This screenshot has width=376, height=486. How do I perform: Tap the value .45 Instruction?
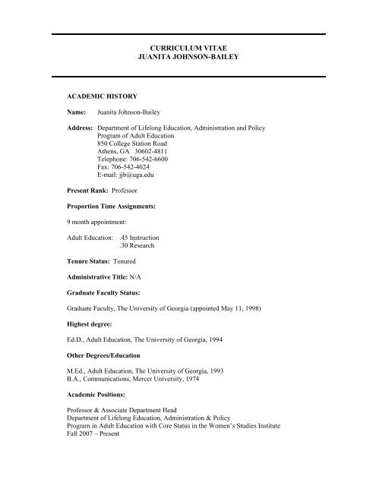[x=147, y=238]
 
